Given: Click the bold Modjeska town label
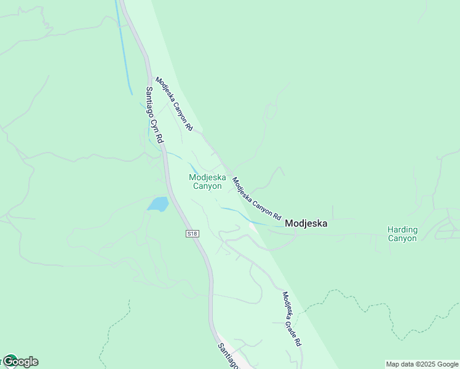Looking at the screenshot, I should click(x=306, y=224).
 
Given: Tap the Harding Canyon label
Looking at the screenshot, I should click(x=402, y=234).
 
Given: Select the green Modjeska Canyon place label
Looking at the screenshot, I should click(x=207, y=181).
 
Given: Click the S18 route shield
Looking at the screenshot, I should click(x=192, y=234).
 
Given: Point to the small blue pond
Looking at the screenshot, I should click(x=158, y=204).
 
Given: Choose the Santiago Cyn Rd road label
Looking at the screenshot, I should click(x=154, y=115).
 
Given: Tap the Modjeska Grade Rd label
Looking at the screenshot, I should click(x=291, y=319).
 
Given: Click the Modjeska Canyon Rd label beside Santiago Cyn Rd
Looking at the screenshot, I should click(x=174, y=104).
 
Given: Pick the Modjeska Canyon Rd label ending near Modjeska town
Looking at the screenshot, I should click(x=256, y=199).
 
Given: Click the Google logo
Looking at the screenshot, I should click(x=21, y=362).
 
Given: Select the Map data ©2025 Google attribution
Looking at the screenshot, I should click(x=422, y=364).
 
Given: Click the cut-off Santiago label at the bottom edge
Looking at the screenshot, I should click(x=228, y=355).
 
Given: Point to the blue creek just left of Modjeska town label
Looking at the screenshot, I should click(x=258, y=223).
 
